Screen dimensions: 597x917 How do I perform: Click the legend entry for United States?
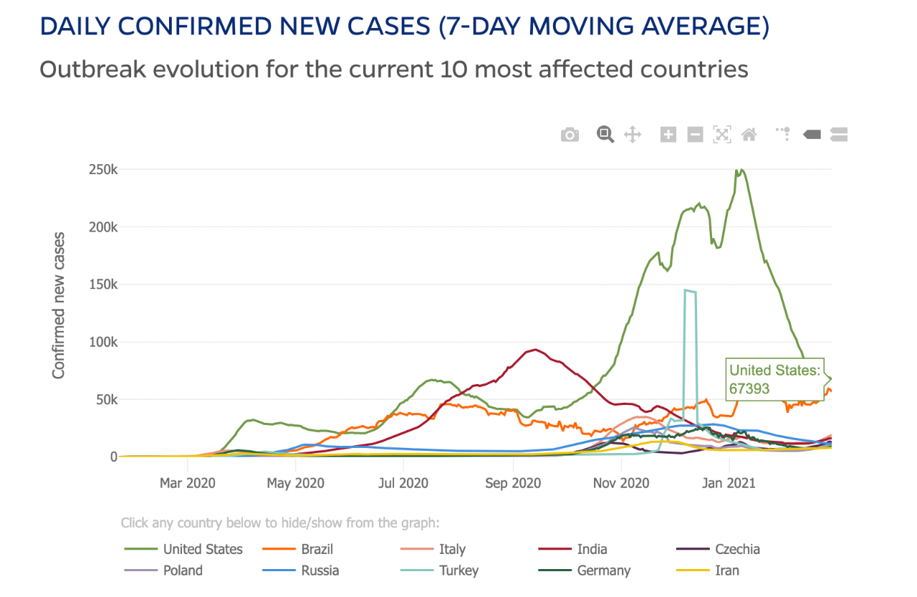coord(203,550)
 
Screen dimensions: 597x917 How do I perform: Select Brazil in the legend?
coord(317,550)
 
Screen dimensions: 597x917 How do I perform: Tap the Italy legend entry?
coord(452,550)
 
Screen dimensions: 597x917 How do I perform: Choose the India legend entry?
coord(592,550)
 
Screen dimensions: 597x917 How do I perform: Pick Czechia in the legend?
coord(737,550)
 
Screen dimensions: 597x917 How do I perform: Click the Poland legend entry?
coord(183,570)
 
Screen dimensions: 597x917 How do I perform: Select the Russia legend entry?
coord(320,570)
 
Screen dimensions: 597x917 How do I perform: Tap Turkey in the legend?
coord(458,570)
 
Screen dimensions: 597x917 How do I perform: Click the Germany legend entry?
coord(604,570)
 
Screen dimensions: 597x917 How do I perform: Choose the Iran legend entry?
coord(727,570)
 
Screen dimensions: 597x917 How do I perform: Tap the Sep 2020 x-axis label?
coord(513,483)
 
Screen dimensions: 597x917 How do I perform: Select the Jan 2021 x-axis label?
coord(729,483)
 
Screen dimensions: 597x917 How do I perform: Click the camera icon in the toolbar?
coord(570,135)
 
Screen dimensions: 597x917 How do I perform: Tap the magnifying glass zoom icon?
coord(605,135)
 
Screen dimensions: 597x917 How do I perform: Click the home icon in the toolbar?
coord(749,134)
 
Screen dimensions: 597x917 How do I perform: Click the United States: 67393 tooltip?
coord(774,380)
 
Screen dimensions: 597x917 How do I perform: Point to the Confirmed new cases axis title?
coord(59,305)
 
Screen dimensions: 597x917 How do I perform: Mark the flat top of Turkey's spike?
coord(691,291)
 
